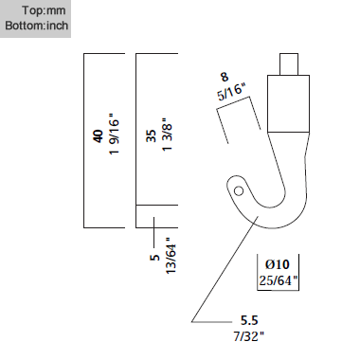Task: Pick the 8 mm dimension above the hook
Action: pos(225,77)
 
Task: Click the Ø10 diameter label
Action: pos(277,264)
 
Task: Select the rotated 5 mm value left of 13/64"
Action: pos(154,256)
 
